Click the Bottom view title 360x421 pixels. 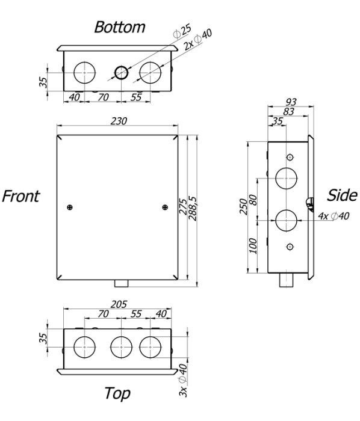(x=120, y=27)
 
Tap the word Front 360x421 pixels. (x=21, y=196)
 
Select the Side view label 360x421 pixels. (x=342, y=195)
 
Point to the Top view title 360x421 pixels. (x=117, y=393)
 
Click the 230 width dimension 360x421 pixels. (x=119, y=121)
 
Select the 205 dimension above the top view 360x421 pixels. (x=119, y=304)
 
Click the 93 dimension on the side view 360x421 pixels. (x=291, y=102)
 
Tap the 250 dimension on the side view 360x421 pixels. (x=243, y=206)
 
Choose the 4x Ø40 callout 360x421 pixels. (x=334, y=216)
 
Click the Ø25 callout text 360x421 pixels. (x=182, y=32)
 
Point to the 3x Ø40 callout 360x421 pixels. (x=183, y=381)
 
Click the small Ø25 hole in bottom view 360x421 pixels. (x=122, y=73)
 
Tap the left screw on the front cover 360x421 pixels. (x=70, y=207)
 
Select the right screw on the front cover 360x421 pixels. (x=165, y=207)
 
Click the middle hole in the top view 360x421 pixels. (x=121, y=347)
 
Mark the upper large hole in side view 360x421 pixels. (x=287, y=178)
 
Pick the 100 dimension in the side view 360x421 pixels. (x=252, y=245)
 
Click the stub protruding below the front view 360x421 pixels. (x=122, y=283)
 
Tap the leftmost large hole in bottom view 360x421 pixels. (x=85, y=73)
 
